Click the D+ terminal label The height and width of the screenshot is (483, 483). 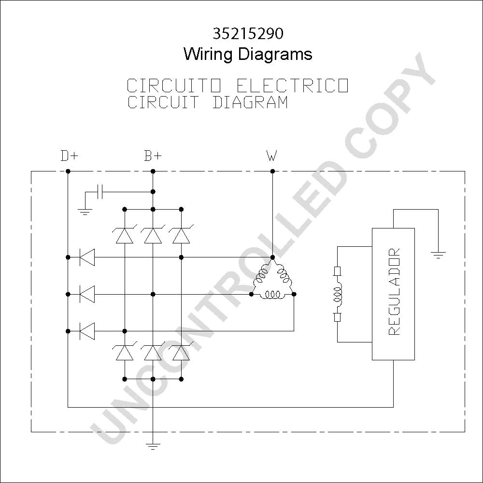tap(69, 156)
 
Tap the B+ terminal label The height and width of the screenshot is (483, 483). tap(153, 156)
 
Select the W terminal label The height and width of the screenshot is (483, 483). tap(271, 156)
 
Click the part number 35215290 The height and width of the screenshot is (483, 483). tap(248, 34)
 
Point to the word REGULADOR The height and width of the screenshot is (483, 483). tap(394, 292)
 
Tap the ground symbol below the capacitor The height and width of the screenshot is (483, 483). tap(85, 212)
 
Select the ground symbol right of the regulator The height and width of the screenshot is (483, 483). tap(438, 255)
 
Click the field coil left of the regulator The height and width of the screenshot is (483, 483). tap(338, 294)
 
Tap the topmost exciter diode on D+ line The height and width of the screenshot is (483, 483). tap(87, 257)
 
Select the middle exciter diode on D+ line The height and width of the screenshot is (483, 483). tap(87, 294)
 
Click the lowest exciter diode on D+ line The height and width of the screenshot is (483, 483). tap(87, 331)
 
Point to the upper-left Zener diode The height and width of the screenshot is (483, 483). tap(125, 235)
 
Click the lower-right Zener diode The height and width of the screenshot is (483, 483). tap(181, 352)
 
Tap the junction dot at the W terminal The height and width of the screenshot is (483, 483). tap(272, 171)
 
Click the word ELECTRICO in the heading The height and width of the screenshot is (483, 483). tap(293, 85)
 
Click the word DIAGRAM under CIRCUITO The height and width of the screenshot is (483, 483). tap(250, 102)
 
